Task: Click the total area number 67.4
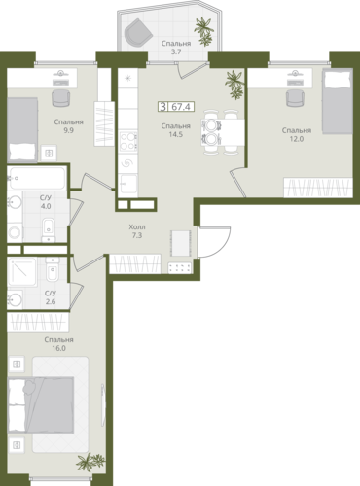point(181,106)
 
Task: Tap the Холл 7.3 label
point(137,231)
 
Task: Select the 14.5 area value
point(175,134)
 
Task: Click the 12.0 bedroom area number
point(297,139)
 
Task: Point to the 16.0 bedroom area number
point(59,348)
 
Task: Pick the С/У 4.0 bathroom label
point(46,202)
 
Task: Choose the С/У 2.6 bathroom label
point(51,297)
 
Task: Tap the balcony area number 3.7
point(176,52)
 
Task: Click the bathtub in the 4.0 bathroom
point(37,178)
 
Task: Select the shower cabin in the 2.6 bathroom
point(22,272)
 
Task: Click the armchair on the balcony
point(138,32)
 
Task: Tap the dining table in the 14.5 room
point(223,132)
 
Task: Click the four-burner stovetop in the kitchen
point(127,142)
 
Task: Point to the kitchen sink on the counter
point(127,185)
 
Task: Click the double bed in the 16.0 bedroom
point(41,404)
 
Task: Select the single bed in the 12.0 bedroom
point(338,103)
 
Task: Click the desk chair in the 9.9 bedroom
point(61,98)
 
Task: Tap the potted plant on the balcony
point(204,31)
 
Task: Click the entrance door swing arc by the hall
point(222,246)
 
